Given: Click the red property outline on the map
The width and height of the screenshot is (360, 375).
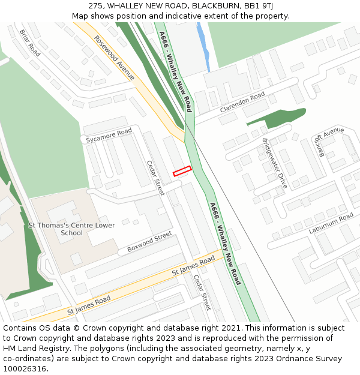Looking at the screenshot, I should (182, 171).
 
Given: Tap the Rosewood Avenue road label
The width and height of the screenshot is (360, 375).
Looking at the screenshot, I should (114, 58).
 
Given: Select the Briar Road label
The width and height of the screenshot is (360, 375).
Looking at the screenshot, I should (30, 43).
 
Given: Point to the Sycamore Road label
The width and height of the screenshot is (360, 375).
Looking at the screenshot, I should (109, 136).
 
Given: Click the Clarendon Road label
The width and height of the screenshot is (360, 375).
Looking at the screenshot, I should (242, 103).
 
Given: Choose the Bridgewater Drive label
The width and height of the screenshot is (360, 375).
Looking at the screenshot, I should (275, 163).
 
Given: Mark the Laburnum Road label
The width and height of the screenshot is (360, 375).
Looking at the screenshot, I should (331, 223).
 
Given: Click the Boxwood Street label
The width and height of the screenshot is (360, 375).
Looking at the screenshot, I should (149, 242).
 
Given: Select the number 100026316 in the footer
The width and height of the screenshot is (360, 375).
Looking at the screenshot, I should (25, 368).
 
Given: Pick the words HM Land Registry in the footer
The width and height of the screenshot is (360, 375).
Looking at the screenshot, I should (31, 348).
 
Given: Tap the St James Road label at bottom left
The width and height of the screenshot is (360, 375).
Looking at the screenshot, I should (89, 303).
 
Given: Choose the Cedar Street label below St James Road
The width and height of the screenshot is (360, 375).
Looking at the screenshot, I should (202, 292).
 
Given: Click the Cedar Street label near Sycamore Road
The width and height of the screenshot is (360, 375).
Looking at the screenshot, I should (155, 178).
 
